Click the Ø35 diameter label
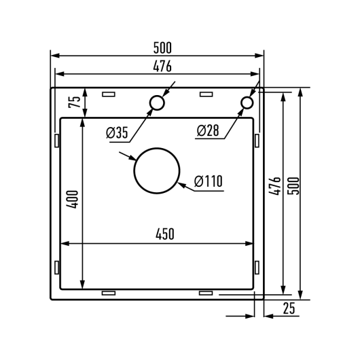[x=117, y=132]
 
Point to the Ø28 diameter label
[x=208, y=130]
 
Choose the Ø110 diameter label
[x=209, y=181]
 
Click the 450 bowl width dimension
[x=165, y=234]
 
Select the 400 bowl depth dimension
[x=72, y=199]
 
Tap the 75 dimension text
[x=75, y=102]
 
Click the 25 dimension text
[x=289, y=308]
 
